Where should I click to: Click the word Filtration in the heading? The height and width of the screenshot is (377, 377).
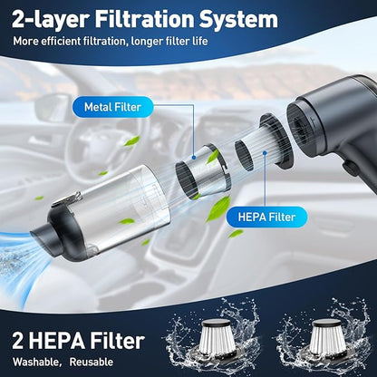(x=144, y=19)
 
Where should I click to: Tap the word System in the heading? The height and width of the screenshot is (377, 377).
(x=238, y=20)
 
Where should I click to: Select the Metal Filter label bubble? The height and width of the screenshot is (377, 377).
(x=112, y=107)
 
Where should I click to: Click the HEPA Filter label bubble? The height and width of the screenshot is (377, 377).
(x=266, y=217)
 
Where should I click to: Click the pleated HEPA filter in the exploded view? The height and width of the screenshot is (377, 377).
(x=264, y=143)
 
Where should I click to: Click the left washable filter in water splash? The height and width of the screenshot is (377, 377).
(x=216, y=338)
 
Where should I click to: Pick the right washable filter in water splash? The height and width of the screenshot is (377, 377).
(x=325, y=337)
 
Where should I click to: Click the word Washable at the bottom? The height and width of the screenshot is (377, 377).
(x=35, y=362)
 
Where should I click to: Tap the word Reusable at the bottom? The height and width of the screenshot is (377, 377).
(x=92, y=362)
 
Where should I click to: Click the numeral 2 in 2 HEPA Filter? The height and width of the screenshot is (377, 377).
(x=18, y=341)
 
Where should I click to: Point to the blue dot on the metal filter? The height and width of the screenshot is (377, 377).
(x=194, y=157)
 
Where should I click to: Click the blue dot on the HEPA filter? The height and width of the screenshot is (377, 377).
(x=265, y=153)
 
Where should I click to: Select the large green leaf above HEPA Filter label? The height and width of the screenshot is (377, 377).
(x=218, y=208)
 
